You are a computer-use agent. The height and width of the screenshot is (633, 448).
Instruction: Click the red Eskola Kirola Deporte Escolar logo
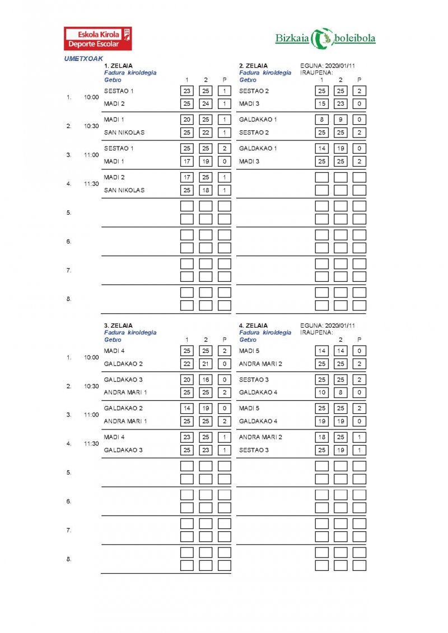[x=98, y=39]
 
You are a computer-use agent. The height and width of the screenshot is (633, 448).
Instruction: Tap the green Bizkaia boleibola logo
[x=325, y=38]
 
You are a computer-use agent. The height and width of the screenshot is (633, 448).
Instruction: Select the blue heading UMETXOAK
[x=84, y=58]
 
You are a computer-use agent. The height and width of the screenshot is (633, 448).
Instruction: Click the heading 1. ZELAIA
[x=119, y=65]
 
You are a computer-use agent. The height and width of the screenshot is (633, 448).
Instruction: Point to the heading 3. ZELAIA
[x=119, y=325]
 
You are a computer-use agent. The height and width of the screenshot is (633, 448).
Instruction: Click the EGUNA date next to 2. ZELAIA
[x=328, y=65]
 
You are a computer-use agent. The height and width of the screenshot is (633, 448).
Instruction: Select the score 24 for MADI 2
[x=206, y=103]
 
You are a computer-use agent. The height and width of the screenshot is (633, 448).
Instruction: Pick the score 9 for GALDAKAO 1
[x=340, y=120]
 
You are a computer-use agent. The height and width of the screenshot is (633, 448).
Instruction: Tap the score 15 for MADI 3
[x=321, y=103]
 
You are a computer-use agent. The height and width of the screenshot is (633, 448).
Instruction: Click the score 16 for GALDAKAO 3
[x=206, y=380]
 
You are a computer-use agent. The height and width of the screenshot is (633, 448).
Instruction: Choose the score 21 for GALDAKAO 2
[x=206, y=363]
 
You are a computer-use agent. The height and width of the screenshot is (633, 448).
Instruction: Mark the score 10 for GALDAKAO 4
[x=321, y=393]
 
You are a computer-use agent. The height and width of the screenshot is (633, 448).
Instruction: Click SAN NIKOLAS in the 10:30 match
[x=124, y=133]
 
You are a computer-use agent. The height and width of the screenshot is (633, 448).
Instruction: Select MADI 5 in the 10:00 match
[x=249, y=351]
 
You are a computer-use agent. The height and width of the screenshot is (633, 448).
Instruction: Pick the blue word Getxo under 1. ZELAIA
[x=113, y=79]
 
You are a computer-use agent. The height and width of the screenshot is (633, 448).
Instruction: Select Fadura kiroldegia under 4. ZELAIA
[x=265, y=333]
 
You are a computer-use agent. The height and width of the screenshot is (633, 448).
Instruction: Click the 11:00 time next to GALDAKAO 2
[x=91, y=415]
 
